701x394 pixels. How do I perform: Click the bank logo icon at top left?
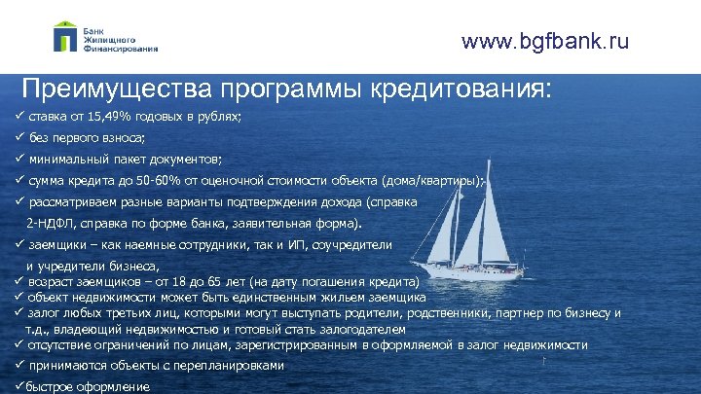coord(65,37)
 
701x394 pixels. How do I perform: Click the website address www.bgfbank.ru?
coord(545,41)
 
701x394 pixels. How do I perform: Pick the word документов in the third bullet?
coord(190,158)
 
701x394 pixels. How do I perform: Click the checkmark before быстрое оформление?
coord(18,386)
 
